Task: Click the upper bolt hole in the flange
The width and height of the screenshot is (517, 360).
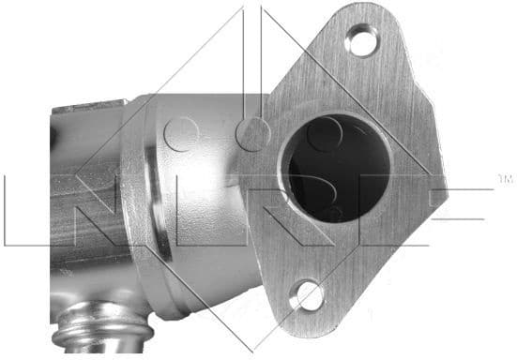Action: point(358,40)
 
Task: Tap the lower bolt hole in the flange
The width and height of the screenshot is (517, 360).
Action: point(306,299)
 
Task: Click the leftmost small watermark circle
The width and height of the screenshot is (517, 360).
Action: point(182,135)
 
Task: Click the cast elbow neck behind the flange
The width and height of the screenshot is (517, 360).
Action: point(202,225)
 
